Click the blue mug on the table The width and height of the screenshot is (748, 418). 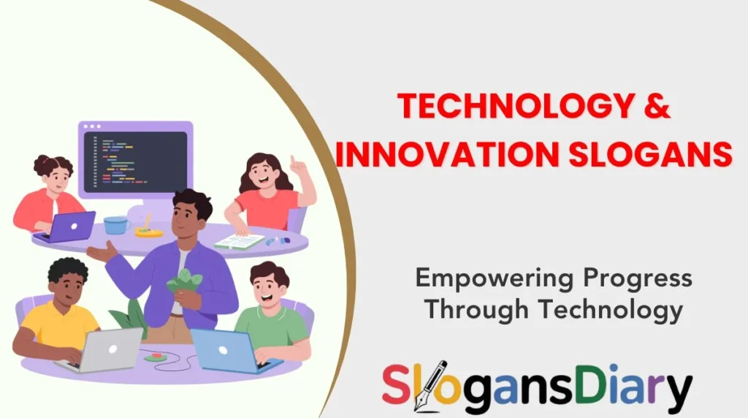(115, 224)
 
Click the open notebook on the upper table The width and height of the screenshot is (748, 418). (238, 240)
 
